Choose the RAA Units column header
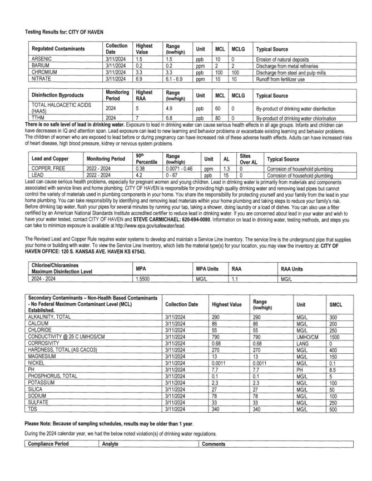[292, 269]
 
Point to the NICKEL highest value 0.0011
[221, 363]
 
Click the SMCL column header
[336, 305]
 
